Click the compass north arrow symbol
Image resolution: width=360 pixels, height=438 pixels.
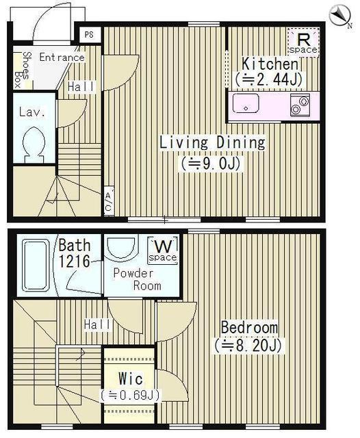339,16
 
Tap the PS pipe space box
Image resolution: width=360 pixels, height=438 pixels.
89,35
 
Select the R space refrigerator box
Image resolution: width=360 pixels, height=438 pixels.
303,42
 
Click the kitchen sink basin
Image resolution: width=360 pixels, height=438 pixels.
246,103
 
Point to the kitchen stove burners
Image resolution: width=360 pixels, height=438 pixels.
300,105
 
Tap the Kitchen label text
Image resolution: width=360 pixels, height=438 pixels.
270,64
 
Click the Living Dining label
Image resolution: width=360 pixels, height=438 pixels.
212,142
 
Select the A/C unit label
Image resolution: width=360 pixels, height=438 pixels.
108,202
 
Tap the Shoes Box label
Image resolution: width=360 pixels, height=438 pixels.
23,70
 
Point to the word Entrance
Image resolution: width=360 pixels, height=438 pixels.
62,57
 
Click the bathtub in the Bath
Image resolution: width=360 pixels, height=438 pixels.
36,266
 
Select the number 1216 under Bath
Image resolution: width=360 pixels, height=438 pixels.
74,261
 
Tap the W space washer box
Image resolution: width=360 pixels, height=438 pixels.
163,250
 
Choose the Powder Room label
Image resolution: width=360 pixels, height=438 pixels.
137,279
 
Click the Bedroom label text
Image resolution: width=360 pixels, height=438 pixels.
249,327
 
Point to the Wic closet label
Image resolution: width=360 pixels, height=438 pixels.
131,378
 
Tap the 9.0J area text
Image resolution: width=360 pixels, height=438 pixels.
211,164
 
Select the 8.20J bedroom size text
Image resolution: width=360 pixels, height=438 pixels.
248,346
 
